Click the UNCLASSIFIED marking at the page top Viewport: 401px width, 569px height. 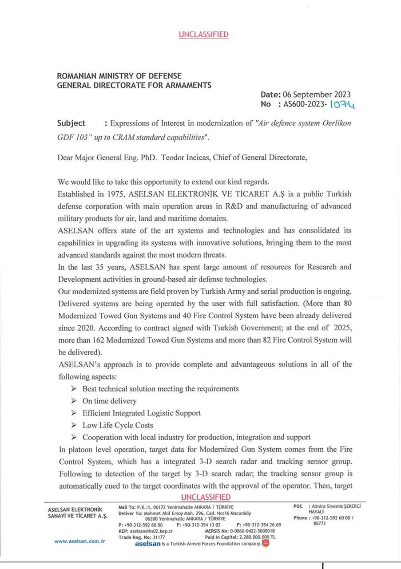pyautogui.click(x=203, y=35)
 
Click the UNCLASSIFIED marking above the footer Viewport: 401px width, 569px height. pyautogui.click(x=206, y=497)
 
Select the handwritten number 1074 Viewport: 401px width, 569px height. pyautogui.click(x=345, y=104)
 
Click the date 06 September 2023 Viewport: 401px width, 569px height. pyautogui.click(x=317, y=95)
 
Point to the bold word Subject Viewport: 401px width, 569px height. pyautogui.click(x=71, y=123)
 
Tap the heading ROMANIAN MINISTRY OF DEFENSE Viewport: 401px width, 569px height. pyautogui.click(x=119, y=76)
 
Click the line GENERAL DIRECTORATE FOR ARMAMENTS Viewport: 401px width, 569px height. pyautogui.click(x=134, y=85)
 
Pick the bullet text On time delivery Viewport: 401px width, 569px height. pyautogui.click(x=110, y=401)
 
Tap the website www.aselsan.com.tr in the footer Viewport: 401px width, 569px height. pyautogui.click(x=79, y=541)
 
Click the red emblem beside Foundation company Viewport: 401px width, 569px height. pyautogui.click(x=266, y=544)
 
